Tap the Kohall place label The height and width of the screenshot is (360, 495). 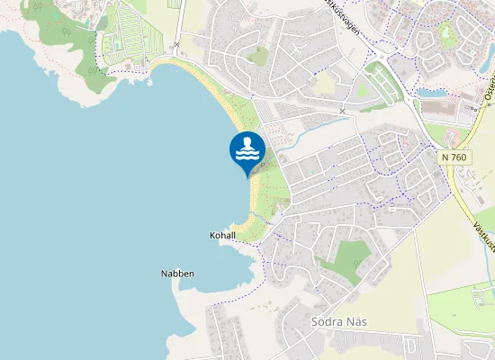coord(222,236)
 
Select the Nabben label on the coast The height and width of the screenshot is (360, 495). coord(177,274)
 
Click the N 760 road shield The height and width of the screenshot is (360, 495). coord(454,157)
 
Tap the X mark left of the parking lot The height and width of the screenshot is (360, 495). coord(343,111)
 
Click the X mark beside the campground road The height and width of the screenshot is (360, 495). coord(177,43)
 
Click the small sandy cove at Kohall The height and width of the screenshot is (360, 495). coord(241,226)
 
